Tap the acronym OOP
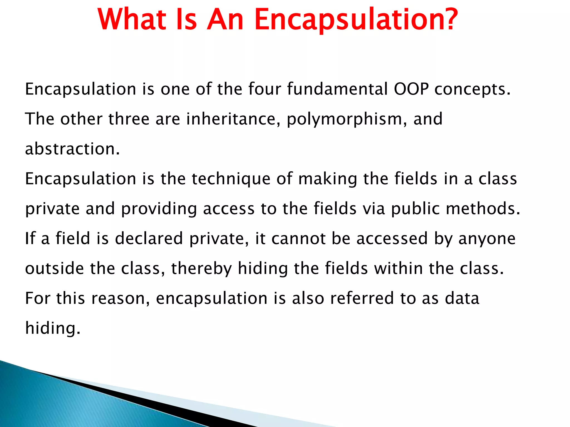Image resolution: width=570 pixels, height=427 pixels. coord(411,89)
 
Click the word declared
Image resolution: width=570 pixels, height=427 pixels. coord(149,239)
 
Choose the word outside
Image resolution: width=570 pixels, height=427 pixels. coord(55,269)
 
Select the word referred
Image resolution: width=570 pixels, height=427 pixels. coord(362,298)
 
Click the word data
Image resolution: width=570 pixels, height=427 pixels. coord(462,298)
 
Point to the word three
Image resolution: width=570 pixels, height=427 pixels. coord(129,119)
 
